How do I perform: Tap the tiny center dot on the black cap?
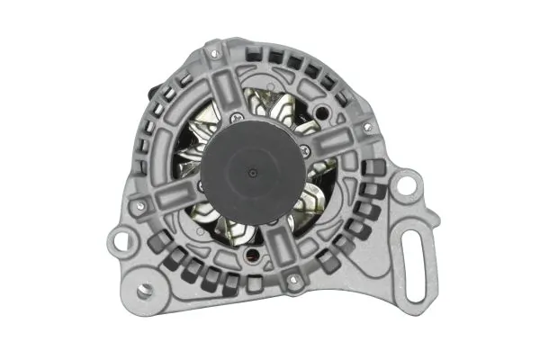(x=255, y=168)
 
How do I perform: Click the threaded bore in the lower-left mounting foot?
(x=145, y=292)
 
